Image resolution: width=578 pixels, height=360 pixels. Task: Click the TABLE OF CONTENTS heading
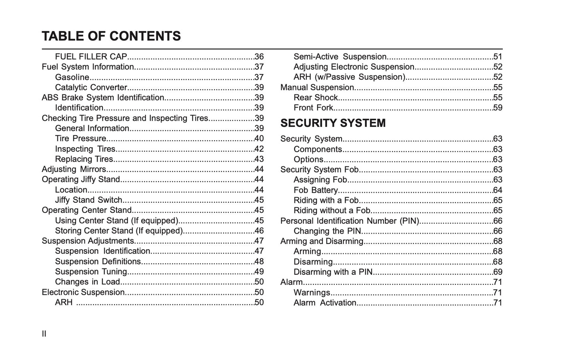(111, 36)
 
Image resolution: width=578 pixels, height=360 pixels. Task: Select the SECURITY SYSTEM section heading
(333, 123)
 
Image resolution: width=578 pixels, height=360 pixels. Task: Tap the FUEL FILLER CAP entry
(91, 57)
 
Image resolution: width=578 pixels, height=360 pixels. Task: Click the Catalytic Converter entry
(91, 88)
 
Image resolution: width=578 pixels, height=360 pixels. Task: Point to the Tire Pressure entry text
(80, 139)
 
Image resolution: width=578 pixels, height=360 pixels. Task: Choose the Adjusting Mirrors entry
(74, 169)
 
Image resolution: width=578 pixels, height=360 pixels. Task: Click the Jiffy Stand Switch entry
(88, 200)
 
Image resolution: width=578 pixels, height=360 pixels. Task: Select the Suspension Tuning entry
(91, 272)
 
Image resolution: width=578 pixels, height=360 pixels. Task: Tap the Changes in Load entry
(87, 282)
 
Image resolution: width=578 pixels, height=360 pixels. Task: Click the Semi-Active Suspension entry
(340, 57)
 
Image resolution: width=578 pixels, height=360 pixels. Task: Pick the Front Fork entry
(313, 108)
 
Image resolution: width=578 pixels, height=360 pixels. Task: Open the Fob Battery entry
(316, 190)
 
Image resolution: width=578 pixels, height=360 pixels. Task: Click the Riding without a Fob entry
(332, 211)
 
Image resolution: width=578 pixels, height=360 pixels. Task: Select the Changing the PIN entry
(327, 231)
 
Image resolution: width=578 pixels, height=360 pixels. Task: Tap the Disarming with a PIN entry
(333, 272)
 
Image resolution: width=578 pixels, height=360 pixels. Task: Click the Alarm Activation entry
(325, 303)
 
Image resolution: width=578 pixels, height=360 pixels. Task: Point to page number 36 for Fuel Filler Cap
(259, 57)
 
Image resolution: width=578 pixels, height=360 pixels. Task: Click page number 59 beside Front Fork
(498, 108)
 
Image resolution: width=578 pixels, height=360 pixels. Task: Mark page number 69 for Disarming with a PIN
(498, 272)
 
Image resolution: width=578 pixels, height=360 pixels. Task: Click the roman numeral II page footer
(44, 334)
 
